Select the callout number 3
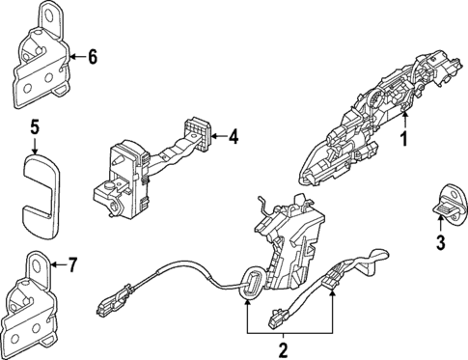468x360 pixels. point(441,241)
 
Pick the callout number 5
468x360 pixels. point(34,125)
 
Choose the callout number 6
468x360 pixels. point(93,57)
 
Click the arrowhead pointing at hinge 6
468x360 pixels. point(75,57)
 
